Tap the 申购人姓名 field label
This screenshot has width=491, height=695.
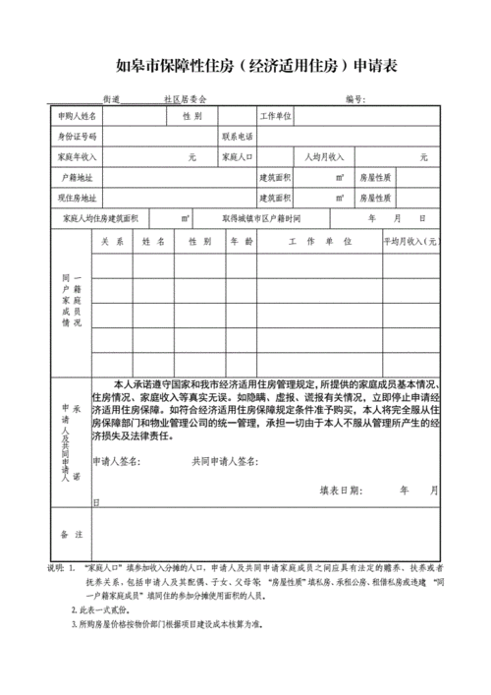coord(77,116)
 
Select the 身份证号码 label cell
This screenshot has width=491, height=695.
coord(77,136)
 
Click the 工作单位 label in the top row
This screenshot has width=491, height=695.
coord(276,116)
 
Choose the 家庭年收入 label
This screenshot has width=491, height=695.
coord(77,156)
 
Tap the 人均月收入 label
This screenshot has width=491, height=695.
coord(323,156)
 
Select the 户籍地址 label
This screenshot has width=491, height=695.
coord(77,178)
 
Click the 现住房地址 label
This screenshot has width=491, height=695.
coord(77,198)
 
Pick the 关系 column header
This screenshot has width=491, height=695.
coord(111,241)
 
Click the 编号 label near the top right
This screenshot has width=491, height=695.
coord(355,99)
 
